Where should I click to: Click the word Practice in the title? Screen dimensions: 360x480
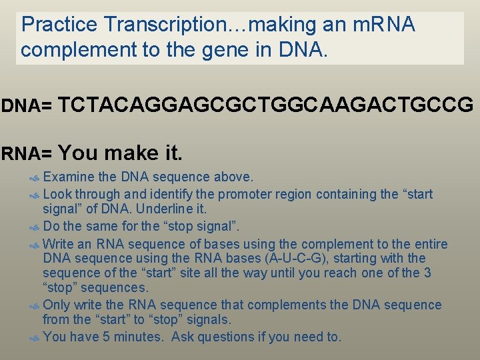59,25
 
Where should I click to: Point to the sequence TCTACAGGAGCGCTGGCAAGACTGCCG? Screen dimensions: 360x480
266,105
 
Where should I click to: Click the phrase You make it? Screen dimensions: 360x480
120,153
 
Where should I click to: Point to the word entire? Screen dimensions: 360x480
429,244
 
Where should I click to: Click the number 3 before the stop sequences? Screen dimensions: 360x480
427,273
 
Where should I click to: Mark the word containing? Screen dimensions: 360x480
339,195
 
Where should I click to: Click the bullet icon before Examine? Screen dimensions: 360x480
36,178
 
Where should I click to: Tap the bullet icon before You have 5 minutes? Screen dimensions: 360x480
36,337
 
